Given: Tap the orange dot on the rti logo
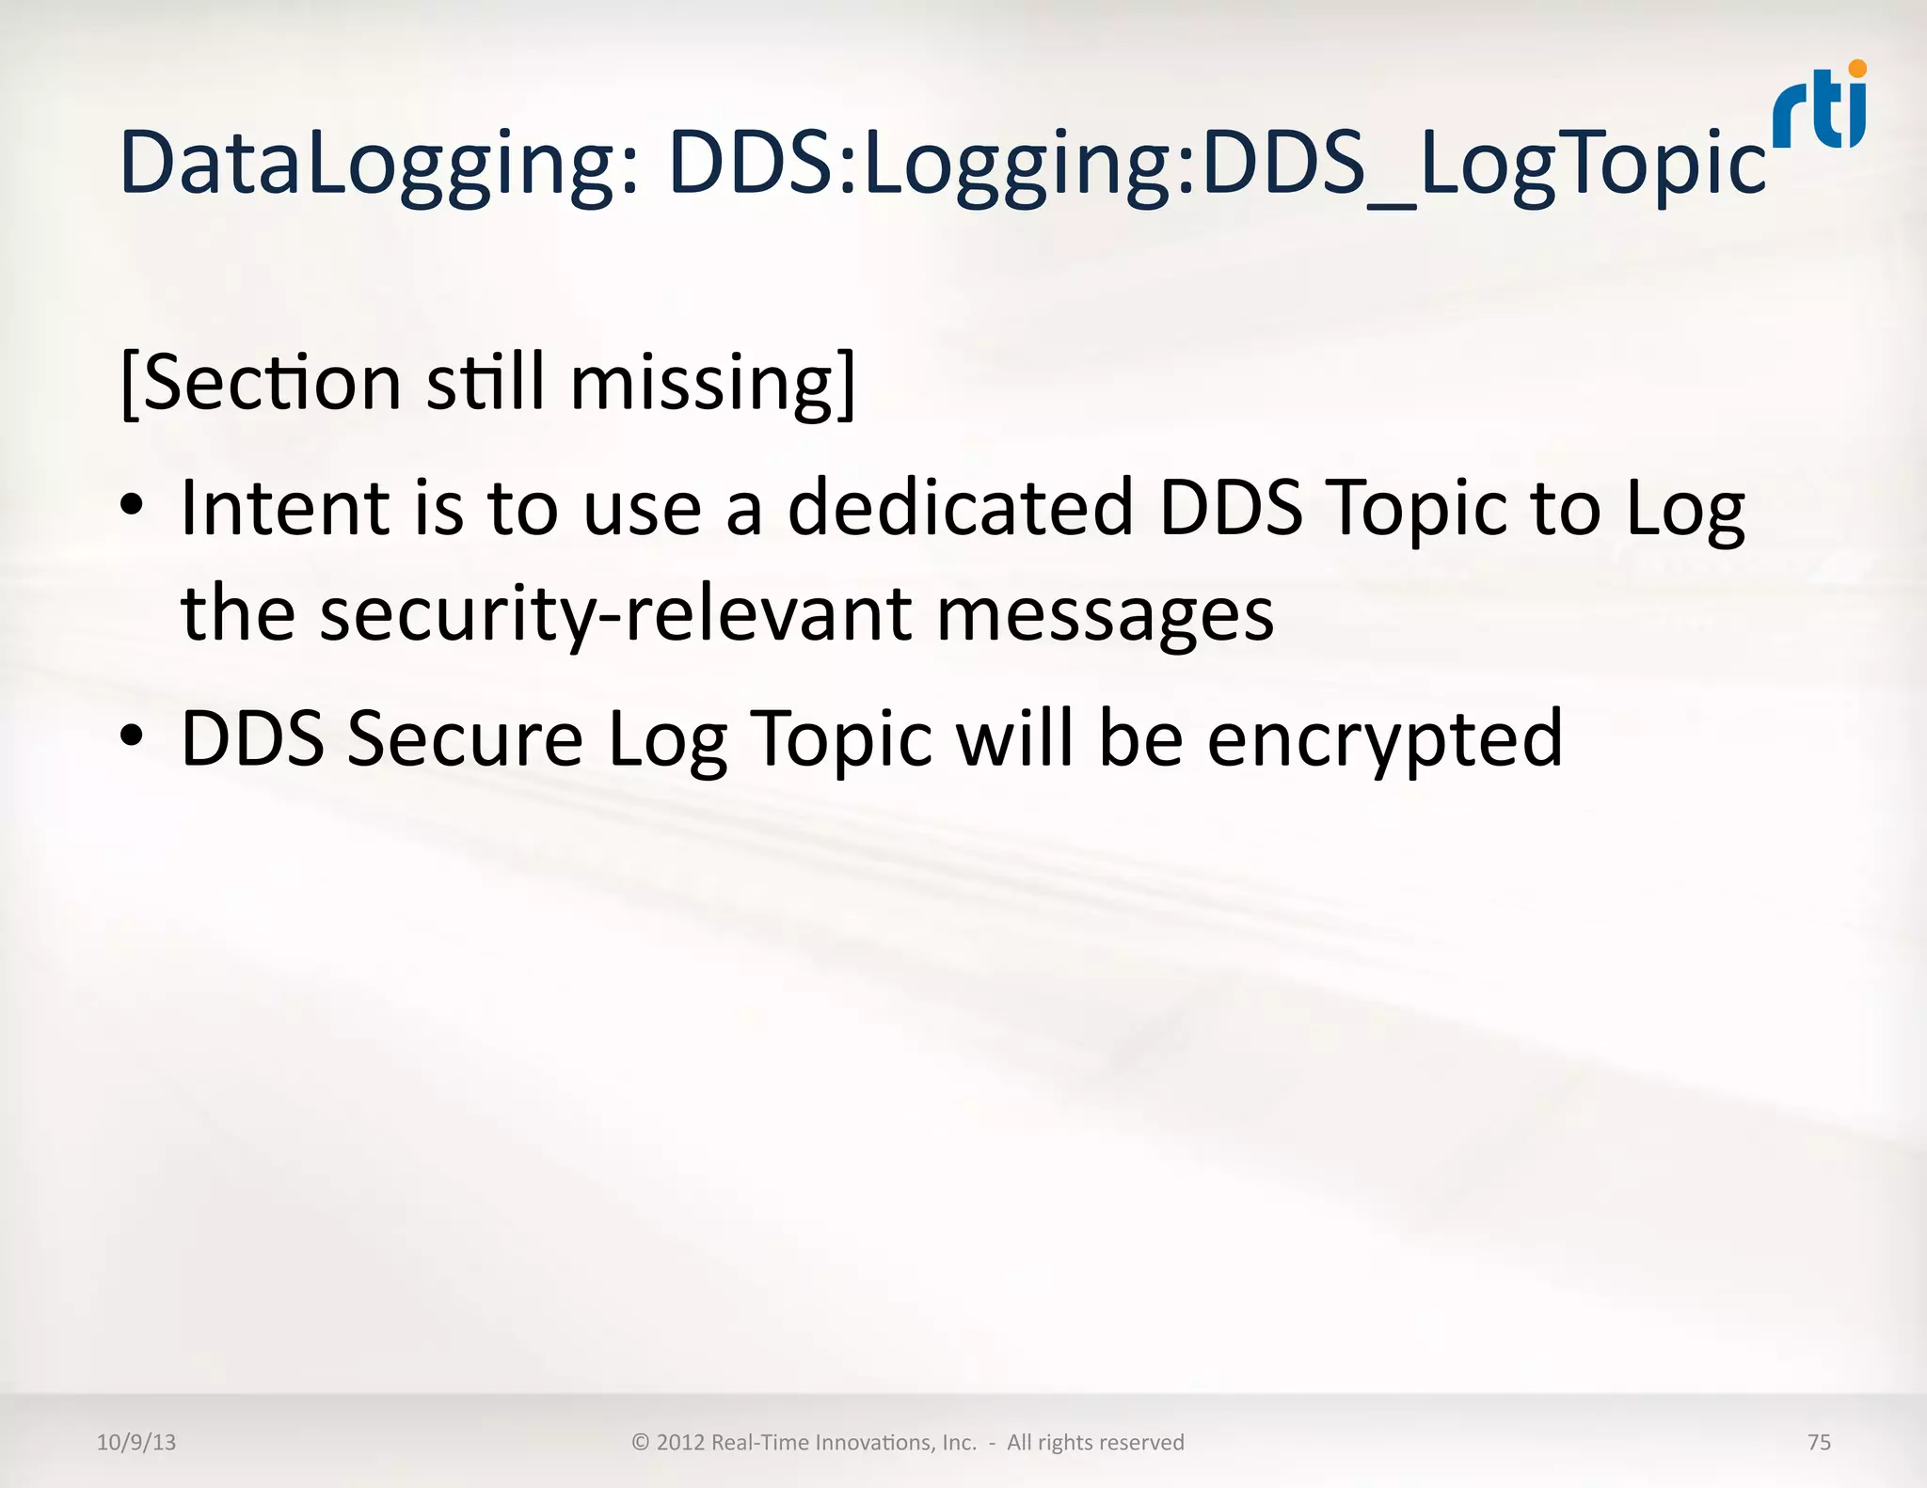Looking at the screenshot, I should coord(1856,69).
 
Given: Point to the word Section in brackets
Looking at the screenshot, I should coord(273,384).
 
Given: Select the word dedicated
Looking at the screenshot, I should coord(960,508).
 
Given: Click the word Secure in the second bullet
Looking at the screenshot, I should coord(465,739).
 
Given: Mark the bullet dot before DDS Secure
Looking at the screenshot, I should coord(133,736).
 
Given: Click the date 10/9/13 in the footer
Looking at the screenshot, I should coord(136,1442).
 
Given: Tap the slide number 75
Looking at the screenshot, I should coord(1819,1442).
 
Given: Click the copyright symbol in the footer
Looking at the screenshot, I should coord(641,1442).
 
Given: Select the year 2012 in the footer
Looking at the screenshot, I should coord(680,1442).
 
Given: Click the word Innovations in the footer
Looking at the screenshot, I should coord(874,1442).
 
